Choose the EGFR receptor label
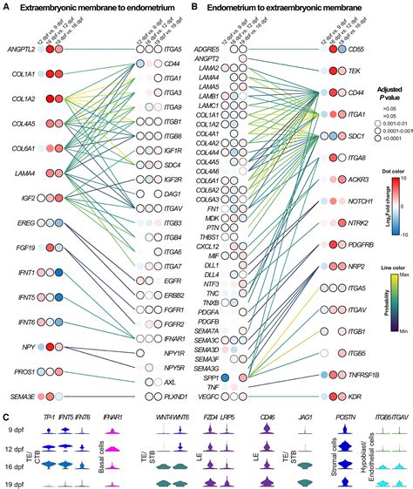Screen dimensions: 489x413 click(173, 282)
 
